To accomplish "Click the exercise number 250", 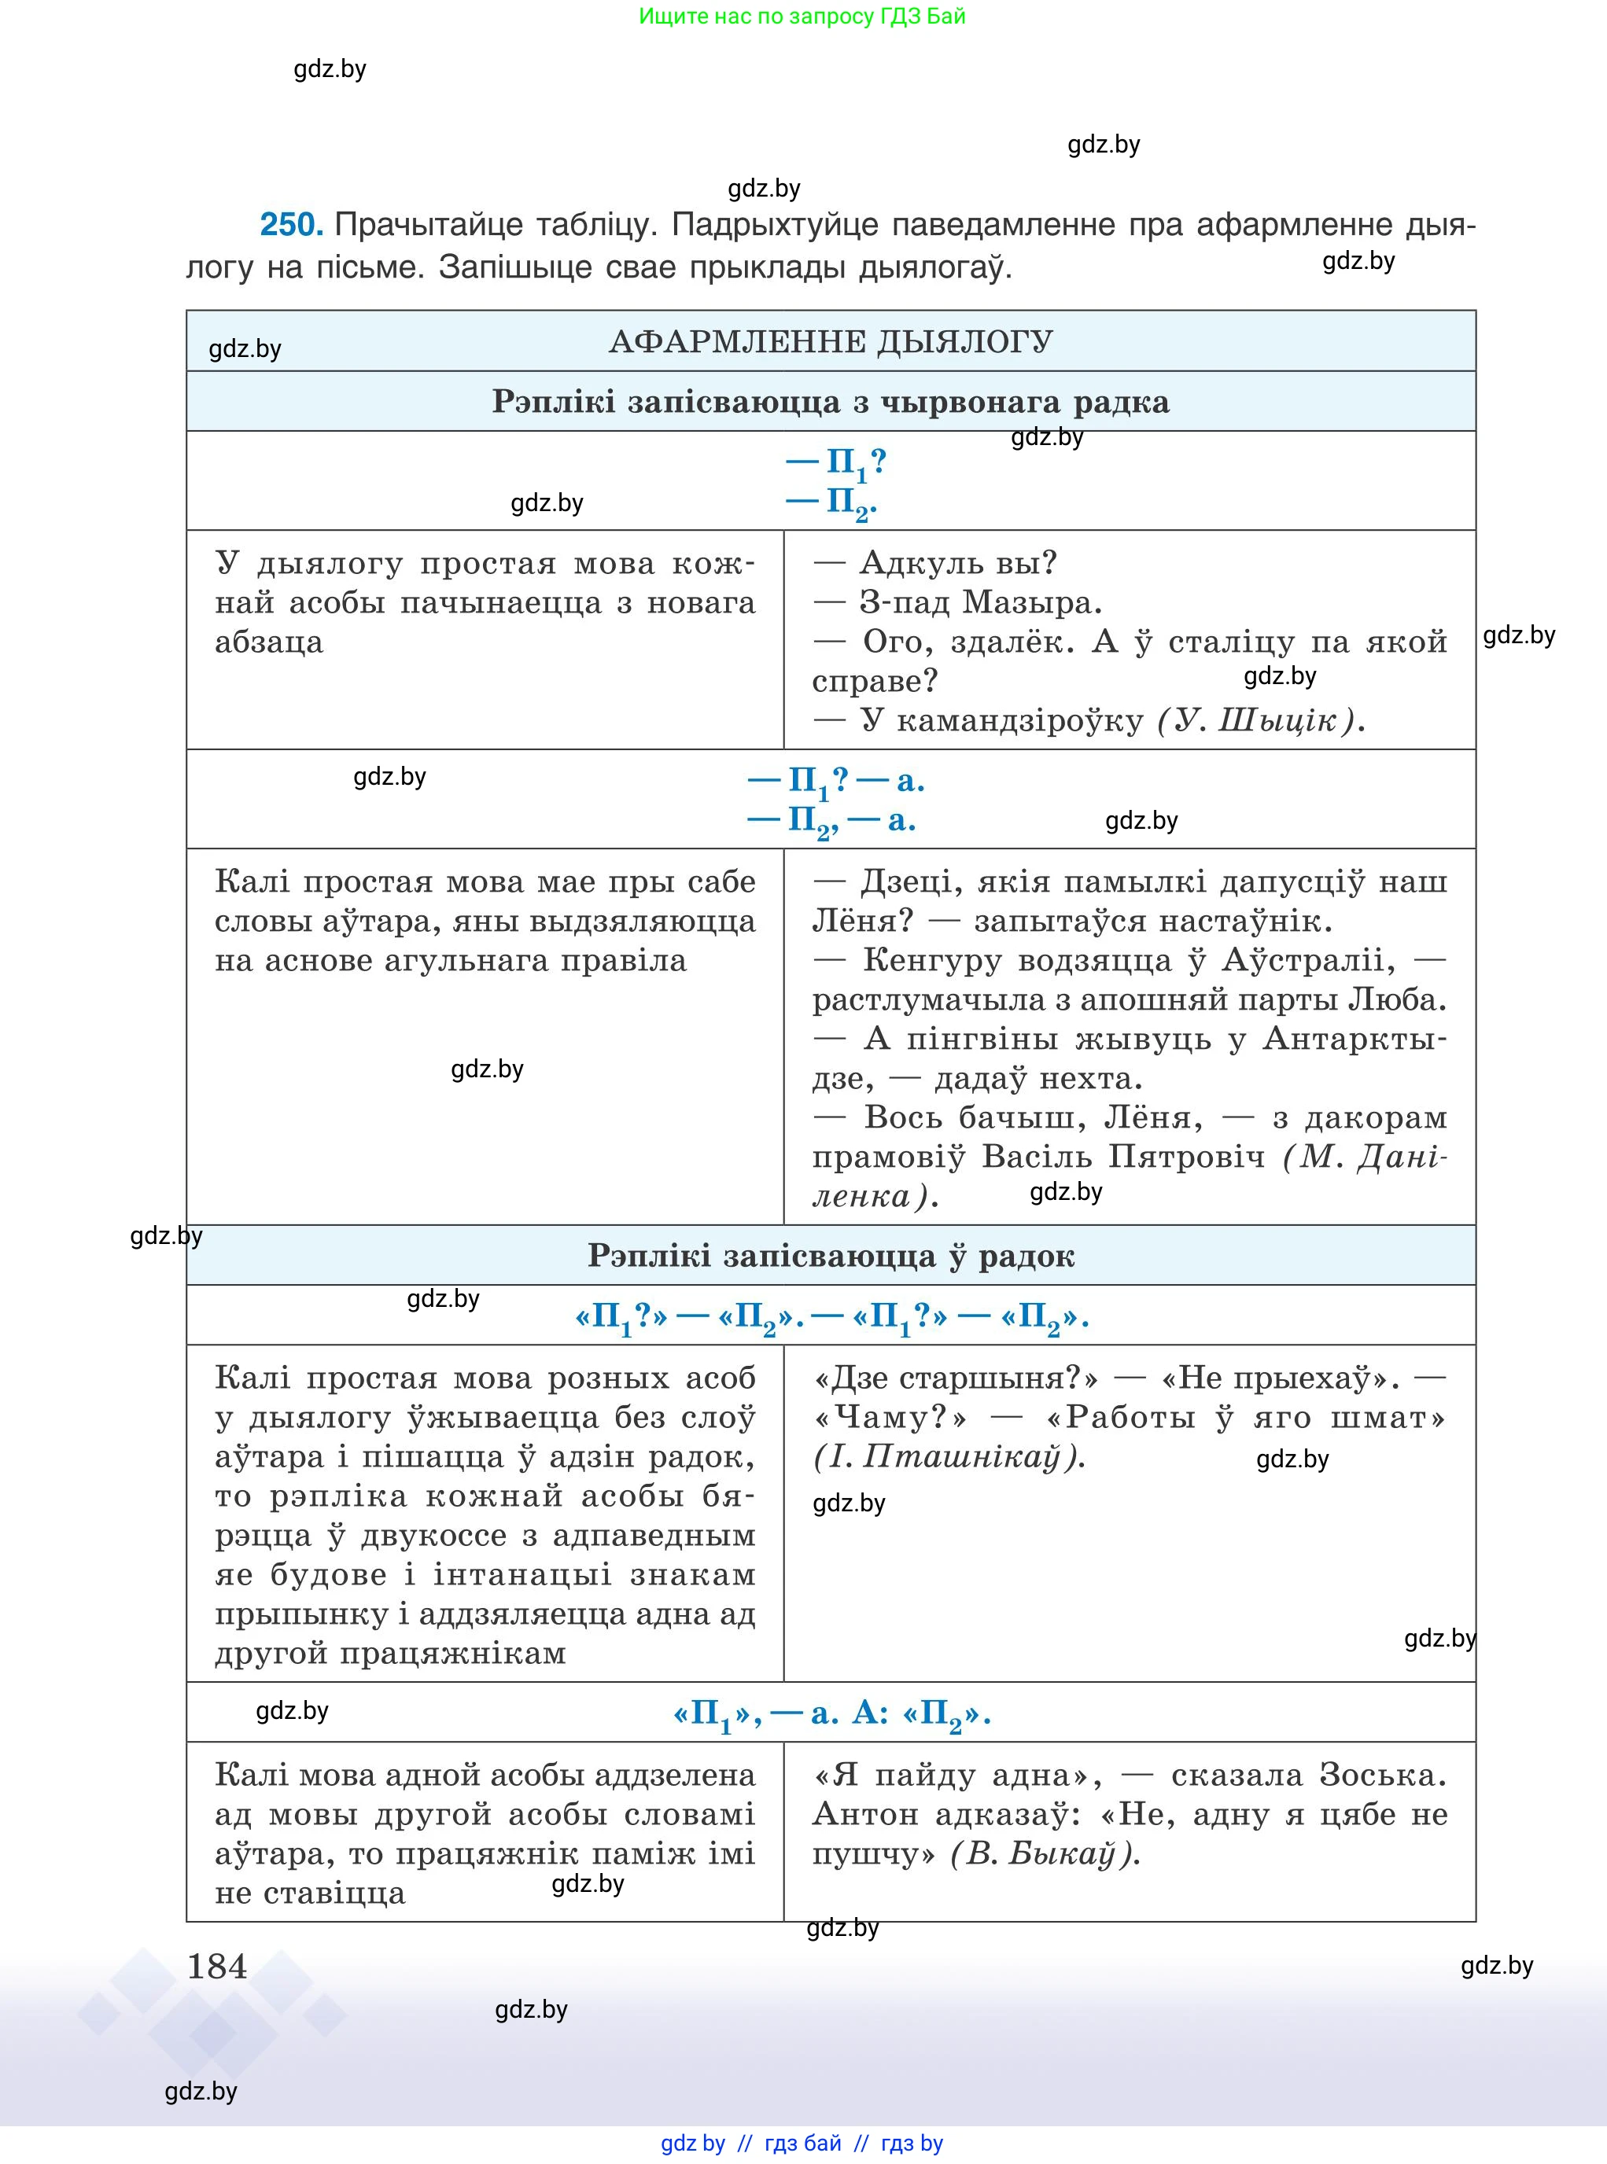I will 290,225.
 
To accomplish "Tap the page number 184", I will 217,1967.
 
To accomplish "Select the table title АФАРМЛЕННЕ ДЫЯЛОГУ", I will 830,342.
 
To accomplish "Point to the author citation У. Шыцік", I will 1261,721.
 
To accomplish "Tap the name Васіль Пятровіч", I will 1123,1157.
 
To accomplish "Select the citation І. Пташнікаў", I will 949,1457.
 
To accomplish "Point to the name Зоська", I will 1382,1775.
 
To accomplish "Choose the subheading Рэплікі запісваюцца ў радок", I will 830,1257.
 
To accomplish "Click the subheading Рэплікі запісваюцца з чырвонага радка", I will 830,403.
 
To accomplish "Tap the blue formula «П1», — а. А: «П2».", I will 831,1713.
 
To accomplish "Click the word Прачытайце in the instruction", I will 408,225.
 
